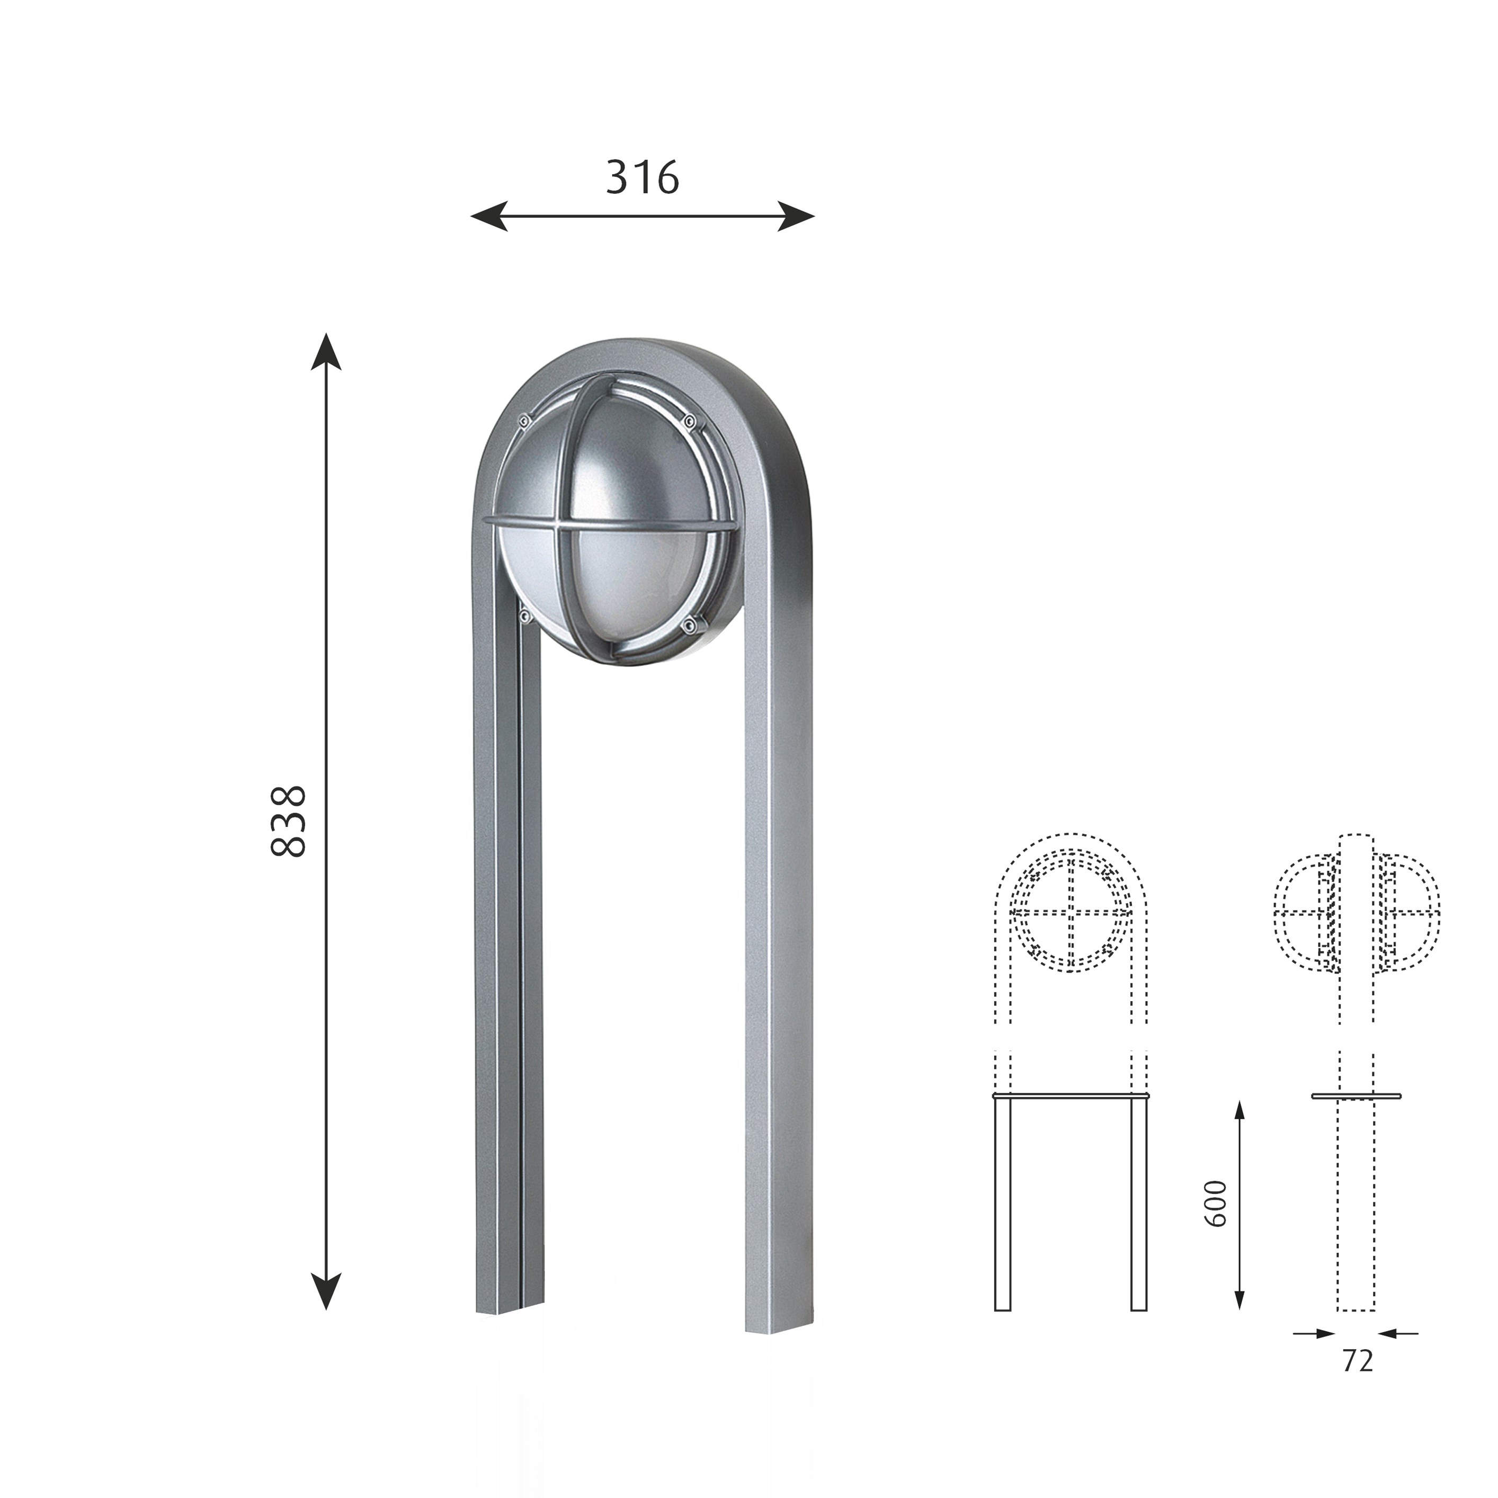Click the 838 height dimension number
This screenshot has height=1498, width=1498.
point(289,821)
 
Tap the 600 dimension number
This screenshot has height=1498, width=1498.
point(1216,1203)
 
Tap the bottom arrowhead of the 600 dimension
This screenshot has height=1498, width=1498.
point(1239,1297)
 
